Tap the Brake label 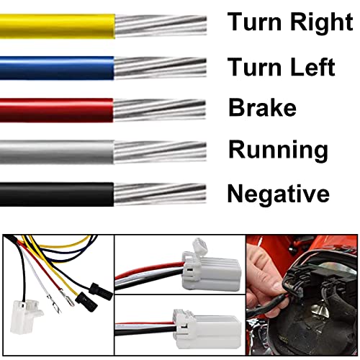pos(262,108)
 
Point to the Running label pos(278,150)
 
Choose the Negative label pos(278,194)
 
